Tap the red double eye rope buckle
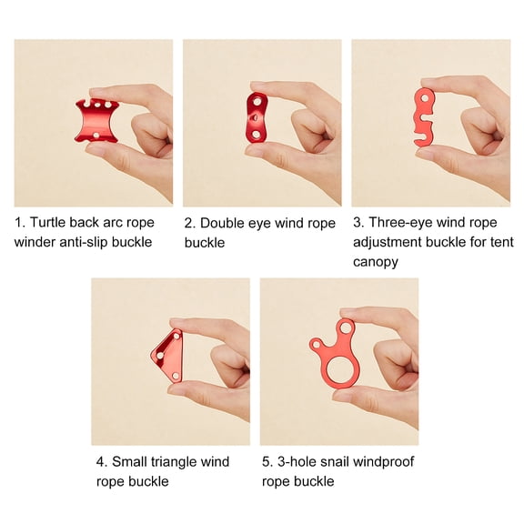257,116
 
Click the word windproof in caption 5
388,462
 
